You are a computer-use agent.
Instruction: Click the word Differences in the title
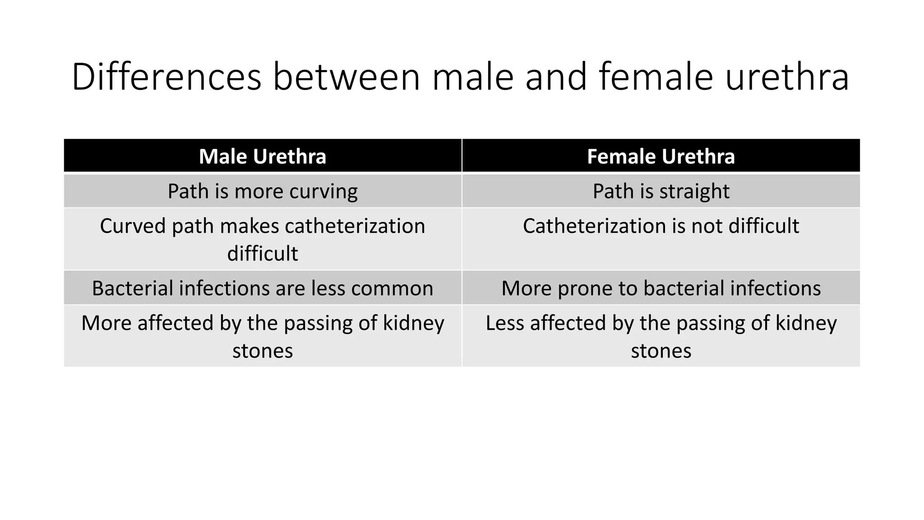(x=166, y=77)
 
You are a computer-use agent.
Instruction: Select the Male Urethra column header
(x=263, y=157)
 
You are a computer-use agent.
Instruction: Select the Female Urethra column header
(x=661, y=157)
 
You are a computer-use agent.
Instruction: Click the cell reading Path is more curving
(x=263, y=191)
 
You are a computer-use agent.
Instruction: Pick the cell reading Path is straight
(x=661, y=191)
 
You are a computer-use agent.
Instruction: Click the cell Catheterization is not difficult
(x=661, y=226)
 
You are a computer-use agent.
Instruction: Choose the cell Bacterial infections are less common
(x=263, y=288)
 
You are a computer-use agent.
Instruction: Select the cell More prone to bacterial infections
(x=661, y=288)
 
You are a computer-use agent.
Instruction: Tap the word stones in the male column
(x=263, y=351)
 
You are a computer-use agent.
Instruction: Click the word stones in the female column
(x=661, y=351)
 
